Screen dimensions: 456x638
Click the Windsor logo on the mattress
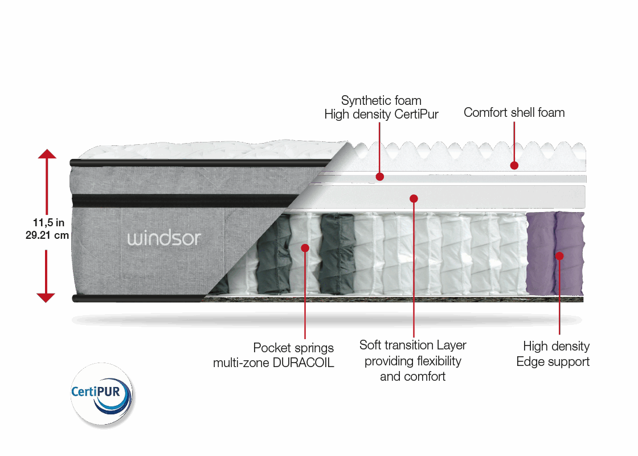(x=164, y=237)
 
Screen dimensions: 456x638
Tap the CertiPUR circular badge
(x=101, y=393)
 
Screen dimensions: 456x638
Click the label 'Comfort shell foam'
(x=514, y=112)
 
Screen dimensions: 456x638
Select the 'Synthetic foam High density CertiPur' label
(x=381, y=108)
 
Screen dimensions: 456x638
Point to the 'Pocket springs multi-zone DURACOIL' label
(x=273, y=355)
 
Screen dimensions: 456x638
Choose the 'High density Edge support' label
(x=553, y=353)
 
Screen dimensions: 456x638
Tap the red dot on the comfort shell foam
(x=514, y=165)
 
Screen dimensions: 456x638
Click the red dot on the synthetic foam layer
(x=380, y=177)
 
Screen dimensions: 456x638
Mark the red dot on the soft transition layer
(x=414, y=198)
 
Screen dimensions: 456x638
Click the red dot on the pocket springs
(x=305, y=248)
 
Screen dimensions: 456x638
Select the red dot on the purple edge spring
(x=559, y=256)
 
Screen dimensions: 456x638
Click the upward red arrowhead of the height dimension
(x=47, y=154)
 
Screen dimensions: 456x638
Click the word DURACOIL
(x=306, y=363)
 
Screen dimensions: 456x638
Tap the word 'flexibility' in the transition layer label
(x=433, y=361)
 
